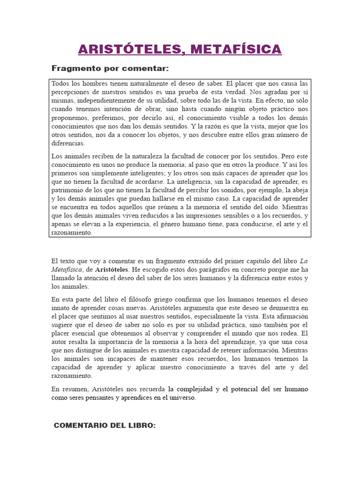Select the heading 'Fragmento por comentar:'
point(110,69)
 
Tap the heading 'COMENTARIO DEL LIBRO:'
point(105,426)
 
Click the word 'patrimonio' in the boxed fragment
point(68,190)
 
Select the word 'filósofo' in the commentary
point(146,300)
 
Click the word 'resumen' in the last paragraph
point(74,389)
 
